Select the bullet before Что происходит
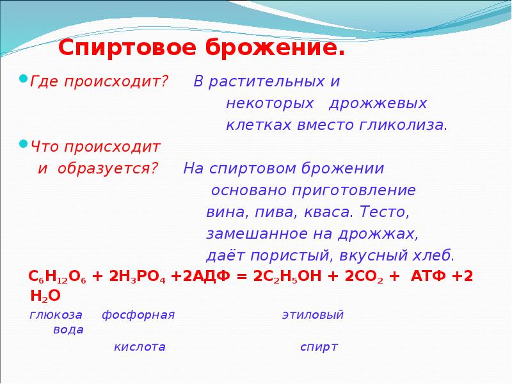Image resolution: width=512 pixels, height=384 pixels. pos(23,144)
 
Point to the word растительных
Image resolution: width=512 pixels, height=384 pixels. pos(268,83)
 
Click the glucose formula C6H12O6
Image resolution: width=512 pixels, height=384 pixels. pos(58,276)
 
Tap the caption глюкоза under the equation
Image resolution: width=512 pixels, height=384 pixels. pos(56,315)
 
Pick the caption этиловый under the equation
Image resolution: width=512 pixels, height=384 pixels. pos(313,315)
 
